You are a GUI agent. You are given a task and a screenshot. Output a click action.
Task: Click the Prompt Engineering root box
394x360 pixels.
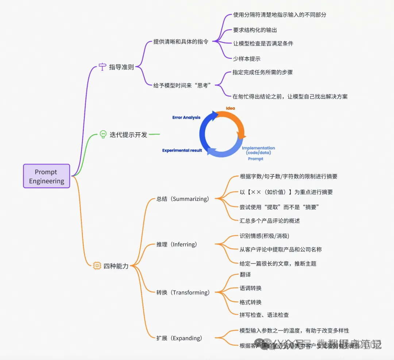tap(46, 176)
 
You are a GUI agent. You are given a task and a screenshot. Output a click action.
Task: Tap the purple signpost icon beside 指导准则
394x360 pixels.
tap(103, 67)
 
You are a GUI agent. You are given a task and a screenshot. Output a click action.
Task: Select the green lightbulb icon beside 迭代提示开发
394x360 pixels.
tap(103, 134)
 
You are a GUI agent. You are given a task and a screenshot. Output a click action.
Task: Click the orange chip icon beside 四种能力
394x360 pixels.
tap(97, 266)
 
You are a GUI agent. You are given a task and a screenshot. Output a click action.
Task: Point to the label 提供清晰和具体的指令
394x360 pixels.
tap(181, 42)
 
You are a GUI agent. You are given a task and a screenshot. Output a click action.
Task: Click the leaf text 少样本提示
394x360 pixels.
tap(247, 58)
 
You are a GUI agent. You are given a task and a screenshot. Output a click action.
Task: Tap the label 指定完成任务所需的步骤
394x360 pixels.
tap(262, 72)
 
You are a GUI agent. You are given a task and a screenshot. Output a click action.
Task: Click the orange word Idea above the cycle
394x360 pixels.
tap(230, 108)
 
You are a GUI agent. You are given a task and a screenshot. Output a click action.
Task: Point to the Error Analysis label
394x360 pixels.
tap(186, 118)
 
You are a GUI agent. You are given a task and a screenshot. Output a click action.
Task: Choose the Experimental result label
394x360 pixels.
tap(182, 150)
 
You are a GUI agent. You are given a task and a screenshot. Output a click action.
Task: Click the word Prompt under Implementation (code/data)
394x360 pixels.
tap(255, 159)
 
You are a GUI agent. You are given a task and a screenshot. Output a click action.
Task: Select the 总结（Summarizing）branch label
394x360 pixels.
tap(183, 199)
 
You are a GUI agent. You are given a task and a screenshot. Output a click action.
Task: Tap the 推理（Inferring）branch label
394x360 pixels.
tap(177, 244)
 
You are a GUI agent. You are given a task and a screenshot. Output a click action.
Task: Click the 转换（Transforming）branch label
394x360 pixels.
tap(183, 293)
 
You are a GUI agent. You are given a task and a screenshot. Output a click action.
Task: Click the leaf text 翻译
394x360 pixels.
tap(245, 274)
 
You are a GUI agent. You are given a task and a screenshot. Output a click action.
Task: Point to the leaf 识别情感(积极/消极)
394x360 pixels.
tap(264, 236)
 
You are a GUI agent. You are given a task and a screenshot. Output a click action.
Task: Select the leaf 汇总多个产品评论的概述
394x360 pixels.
tap(270, 220)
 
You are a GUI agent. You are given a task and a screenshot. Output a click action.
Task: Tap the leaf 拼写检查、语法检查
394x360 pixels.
tap(264, 315)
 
